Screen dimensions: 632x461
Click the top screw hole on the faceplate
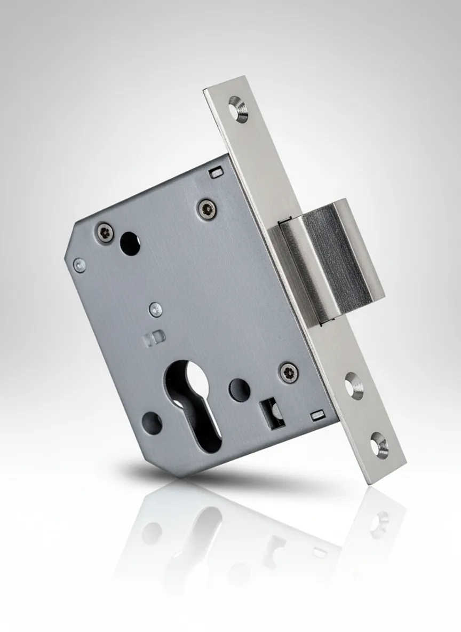pos(238,109)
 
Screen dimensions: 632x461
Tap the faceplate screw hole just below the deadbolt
pos(353,384)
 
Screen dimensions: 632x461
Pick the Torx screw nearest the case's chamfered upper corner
pos(105,232)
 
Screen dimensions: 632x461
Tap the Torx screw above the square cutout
pos(289,372)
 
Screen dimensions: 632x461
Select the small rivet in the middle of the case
pos(155,309)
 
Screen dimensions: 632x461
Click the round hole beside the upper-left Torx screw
pos(130,243)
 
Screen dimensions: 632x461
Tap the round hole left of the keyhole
pos(152,423)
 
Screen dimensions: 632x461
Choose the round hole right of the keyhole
pos(240,390)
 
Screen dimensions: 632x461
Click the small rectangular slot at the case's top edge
pos(216,172)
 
